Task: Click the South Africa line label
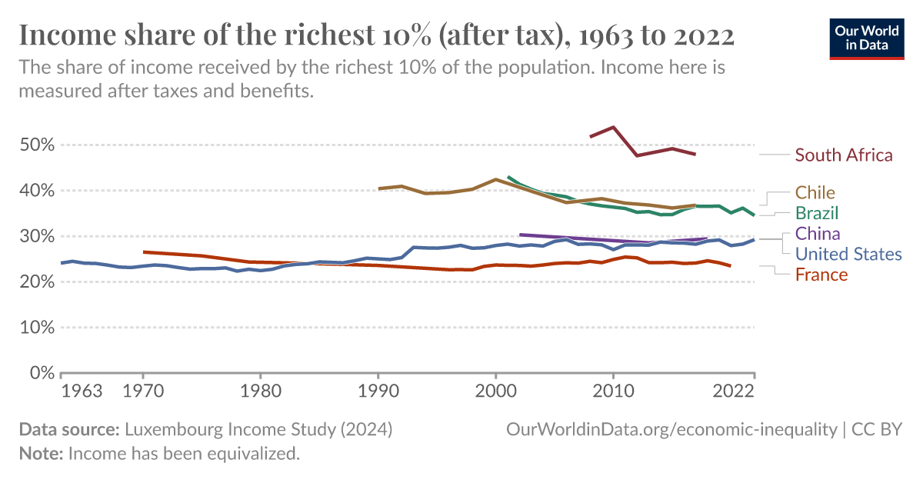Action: coord(844,155)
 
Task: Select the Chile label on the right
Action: coord(815,192)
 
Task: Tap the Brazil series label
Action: coord(817,212)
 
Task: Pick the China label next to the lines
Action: coord(818,233)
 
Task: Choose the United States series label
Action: coord(848,254)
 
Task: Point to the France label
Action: coord(821,275)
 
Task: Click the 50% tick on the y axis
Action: coord(37,145)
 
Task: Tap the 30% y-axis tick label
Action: coord(37,237)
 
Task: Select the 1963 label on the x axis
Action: coord(82,391)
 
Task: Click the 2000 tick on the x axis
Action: coord(495,391)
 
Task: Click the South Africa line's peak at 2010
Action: coord(613,127)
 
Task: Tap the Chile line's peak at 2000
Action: coord(495,179)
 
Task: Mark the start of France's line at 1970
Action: coord(144,251)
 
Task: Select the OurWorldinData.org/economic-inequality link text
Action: coord(671,429)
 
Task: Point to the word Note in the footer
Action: coord(40,454)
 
